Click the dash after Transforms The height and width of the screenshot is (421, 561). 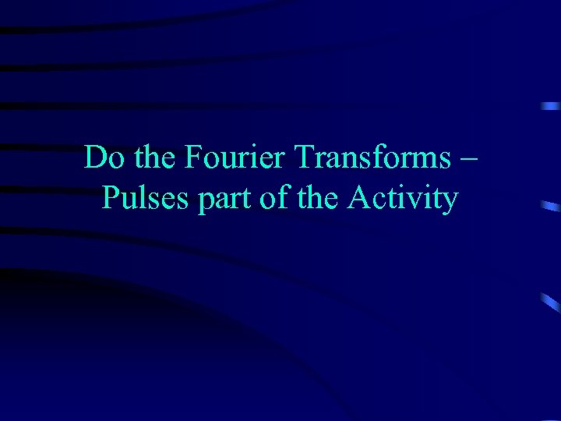(468, 159)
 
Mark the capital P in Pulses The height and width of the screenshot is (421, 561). (111, 199)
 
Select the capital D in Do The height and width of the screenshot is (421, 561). (95, 158)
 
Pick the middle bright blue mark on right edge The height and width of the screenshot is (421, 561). (550, 206)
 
